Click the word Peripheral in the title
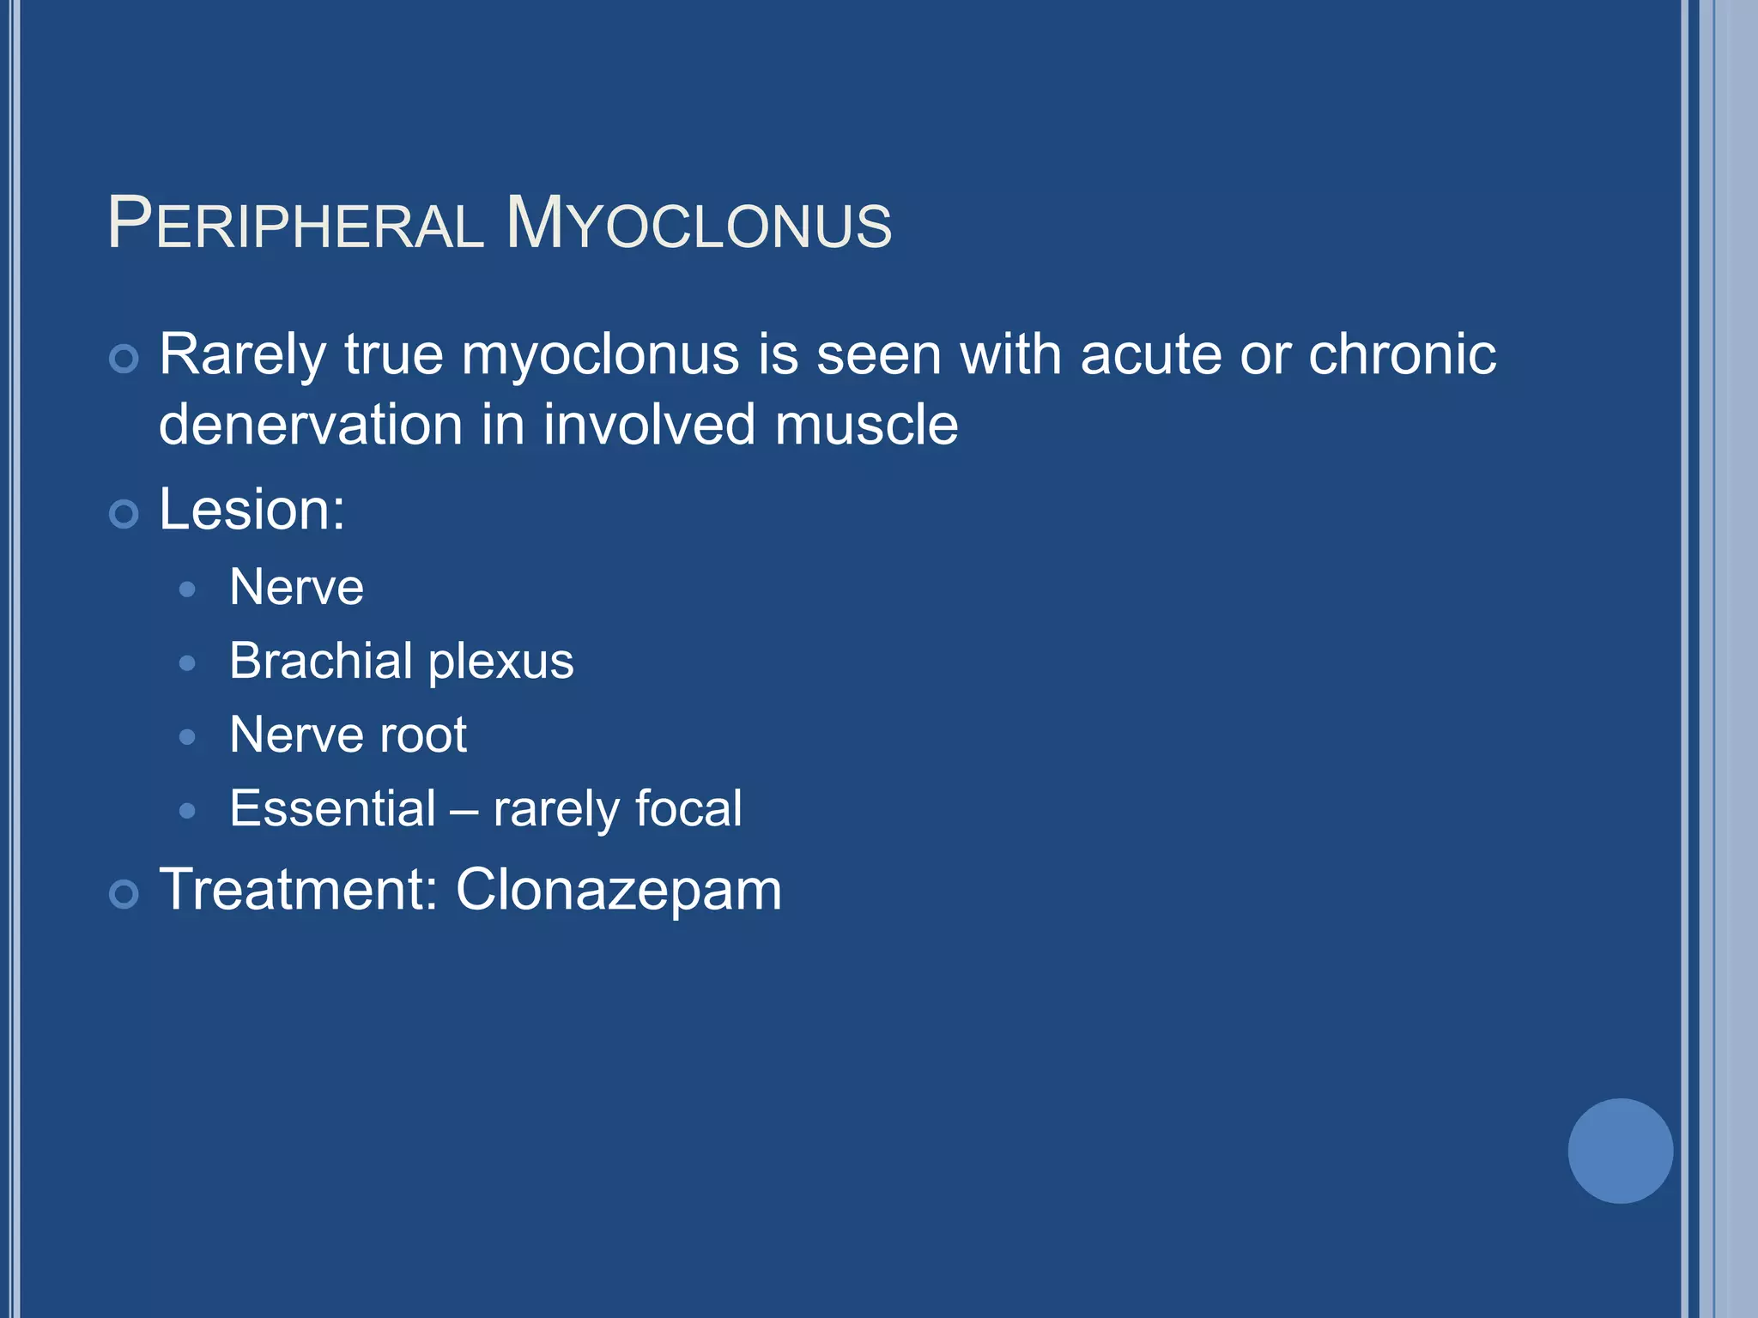click(296, 225)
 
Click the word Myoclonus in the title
click(699, 225)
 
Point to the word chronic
click(1402, 354)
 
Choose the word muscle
click(866, 426)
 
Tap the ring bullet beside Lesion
click(124, 514)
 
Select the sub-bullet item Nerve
click(296, 588)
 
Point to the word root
click(423, 735)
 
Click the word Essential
click(333, 808)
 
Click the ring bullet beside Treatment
click(124, 894)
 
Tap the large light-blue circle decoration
click(1620, 1151)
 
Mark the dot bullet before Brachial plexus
click(188, 663)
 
